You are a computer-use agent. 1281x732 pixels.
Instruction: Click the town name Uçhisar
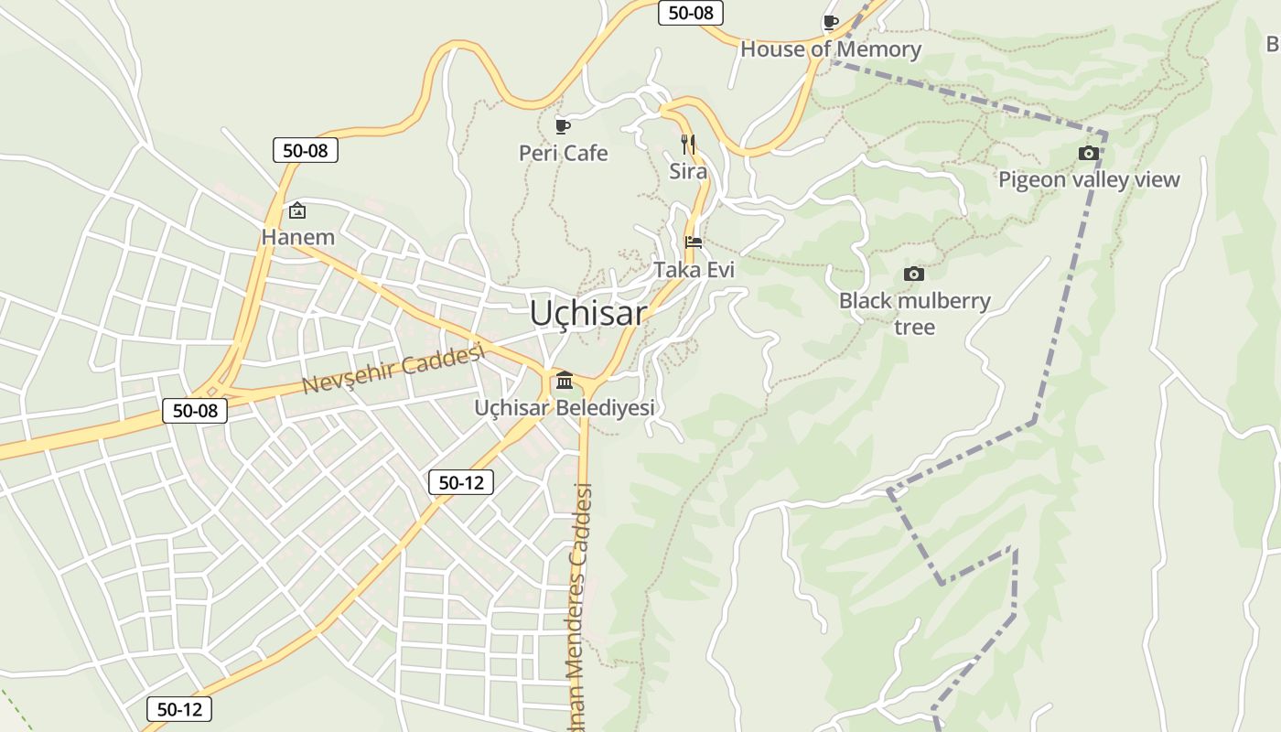coord(587,314)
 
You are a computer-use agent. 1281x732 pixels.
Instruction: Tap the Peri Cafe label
coord(563,153)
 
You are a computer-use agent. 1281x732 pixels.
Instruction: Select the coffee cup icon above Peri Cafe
coord(562,125)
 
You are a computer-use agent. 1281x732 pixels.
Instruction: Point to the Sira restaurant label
coord(688,171)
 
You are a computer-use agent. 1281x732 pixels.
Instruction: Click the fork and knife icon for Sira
coord(688,144)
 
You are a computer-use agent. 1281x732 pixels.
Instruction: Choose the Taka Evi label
coord(694,270)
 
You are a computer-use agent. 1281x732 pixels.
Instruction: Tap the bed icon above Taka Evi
coord(694,242)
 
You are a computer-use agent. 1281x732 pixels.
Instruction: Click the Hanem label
coord(298,237)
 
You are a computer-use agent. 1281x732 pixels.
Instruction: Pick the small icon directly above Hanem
coord(297,211)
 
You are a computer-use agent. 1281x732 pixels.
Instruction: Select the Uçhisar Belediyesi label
coord(565,407)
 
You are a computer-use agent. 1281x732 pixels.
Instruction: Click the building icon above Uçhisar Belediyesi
coord(565,380)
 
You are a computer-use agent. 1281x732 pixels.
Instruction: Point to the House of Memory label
coord(831,49)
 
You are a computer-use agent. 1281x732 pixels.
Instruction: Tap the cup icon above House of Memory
coord(830,22)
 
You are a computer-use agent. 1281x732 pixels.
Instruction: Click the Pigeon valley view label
coord(1089,179)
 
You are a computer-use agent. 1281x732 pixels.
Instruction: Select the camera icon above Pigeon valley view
coord(1088,153)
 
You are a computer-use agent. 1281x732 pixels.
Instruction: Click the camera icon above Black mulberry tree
coord(913,274)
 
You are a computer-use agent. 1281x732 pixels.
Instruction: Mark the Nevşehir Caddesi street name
coord(393,370)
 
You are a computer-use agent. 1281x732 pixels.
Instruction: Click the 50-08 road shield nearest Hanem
coord(306,150)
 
